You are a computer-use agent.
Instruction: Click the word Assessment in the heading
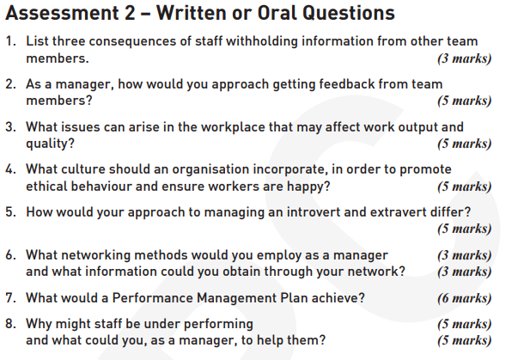point(62,13)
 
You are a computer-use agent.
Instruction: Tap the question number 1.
point(10,41)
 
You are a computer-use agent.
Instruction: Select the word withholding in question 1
point(262,41)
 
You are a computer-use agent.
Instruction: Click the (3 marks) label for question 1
point(465,58)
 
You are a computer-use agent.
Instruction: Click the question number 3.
point(10,127)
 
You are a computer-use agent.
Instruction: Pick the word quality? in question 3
point(50,143)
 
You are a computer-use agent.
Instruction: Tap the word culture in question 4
point(82,169)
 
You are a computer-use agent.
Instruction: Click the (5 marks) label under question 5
point(465,229)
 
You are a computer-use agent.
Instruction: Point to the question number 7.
point(10,298)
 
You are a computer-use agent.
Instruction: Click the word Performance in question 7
point(152,298)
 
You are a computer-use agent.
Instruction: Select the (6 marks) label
point(465,298)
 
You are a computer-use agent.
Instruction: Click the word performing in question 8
point(218,324)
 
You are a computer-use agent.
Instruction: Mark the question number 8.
point(10,324)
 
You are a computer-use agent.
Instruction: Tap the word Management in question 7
point(236,298)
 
